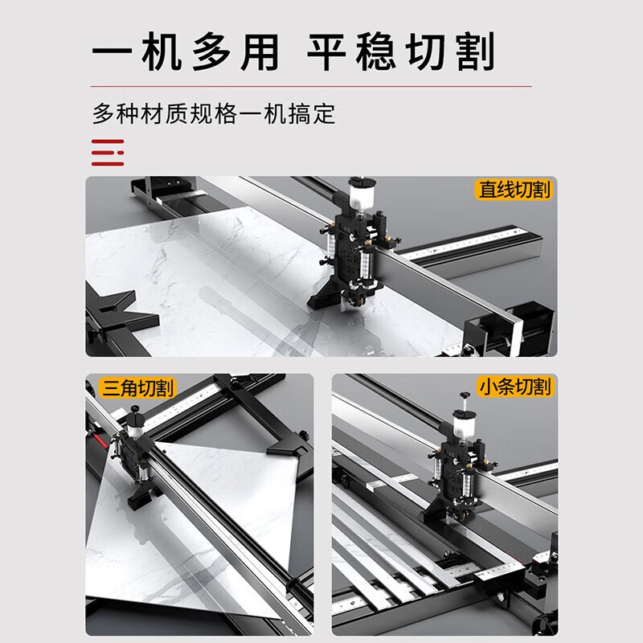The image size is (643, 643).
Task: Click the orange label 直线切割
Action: coord(514,190)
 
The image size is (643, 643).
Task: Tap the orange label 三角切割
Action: coord(137,388)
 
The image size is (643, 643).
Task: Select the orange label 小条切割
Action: coord(514,387)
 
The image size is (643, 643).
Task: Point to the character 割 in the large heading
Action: coord(476,52)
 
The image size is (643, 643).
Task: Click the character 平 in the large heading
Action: coord(327,52)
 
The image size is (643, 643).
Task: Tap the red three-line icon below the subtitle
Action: coord(108,153)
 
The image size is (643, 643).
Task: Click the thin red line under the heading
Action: coord(311,87)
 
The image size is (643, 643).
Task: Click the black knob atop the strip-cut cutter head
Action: coord(465,395)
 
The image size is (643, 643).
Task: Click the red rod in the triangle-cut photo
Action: coord(100,440)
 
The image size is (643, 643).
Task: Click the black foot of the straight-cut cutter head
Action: coord(323,293)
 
